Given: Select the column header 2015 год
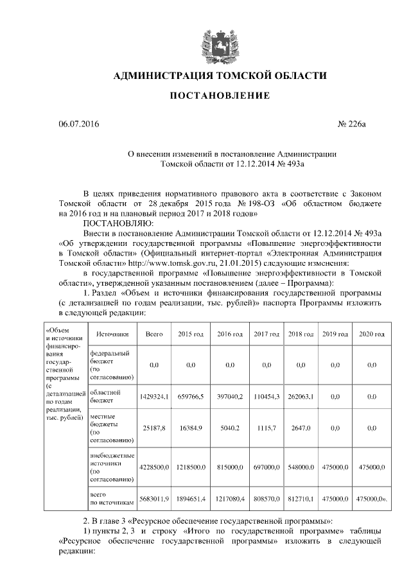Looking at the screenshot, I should pos(191,334).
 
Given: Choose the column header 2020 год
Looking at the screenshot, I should pos(371,334).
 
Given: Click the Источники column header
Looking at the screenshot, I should pos(112,334).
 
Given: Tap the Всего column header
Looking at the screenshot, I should pos(154,334).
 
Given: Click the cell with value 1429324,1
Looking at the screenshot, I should pos(154,397).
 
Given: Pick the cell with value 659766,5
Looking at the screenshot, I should pos(191,397).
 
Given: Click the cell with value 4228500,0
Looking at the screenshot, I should pos(154,467).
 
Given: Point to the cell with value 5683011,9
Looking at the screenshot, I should pos(154,499).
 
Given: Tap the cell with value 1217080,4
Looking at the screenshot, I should pos(229,499).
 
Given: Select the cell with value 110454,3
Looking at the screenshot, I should pos(266,397).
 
